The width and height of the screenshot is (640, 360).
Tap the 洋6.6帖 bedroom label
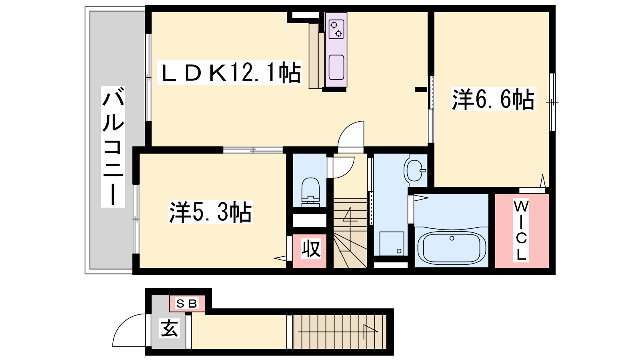(x=493, y=99)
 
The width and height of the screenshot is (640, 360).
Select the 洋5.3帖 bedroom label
(x=210, y=212)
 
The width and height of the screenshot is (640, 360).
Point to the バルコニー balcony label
(x=113, y=146)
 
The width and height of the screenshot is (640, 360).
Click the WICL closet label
(x=521, y=230)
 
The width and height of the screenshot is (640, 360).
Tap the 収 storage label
(x=311, y=248)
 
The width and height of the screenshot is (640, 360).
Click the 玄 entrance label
(x=169, y=328)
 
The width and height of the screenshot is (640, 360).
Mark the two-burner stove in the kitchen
(x=336, y=29)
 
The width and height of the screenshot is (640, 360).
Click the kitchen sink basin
(x=336, y=67)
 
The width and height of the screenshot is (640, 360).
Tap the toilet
(x=310, y=192)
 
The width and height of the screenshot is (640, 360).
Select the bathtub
(x=452, y=247)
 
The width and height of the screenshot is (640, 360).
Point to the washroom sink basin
(x=414, y=170)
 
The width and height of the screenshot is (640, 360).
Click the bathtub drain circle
(x=452, y=238)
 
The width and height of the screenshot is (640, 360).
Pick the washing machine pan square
(x=392, y=244)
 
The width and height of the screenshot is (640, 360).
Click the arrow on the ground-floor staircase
(x=338, y=332)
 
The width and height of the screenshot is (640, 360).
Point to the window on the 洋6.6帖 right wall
(x=552, y=102)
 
